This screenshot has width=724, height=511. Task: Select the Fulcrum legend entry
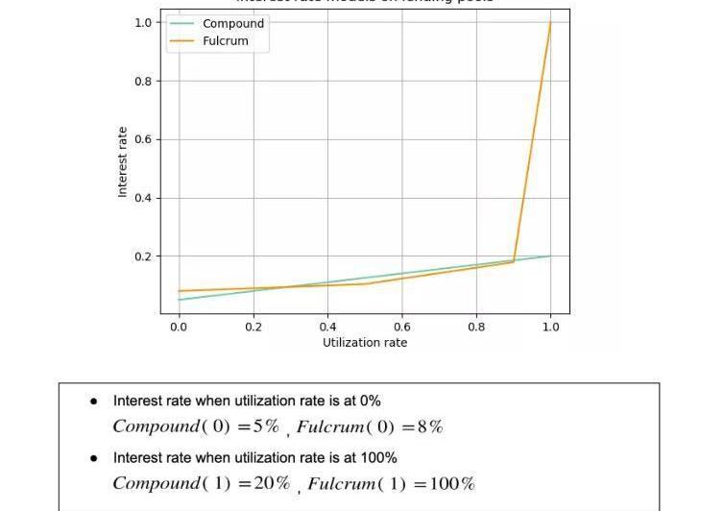(225, 41)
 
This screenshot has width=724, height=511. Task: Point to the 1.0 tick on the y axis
(143, 22)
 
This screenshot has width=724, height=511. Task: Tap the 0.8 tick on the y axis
(143, 82)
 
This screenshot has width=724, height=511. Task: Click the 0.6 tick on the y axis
(143, 140)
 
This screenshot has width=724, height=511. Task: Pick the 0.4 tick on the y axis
(143, 199)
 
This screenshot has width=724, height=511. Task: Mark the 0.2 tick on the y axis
(143, 257)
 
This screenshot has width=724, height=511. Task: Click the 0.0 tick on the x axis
(179, 328)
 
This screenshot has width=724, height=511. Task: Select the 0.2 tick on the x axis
(253, 328)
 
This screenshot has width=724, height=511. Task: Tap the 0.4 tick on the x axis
(327, 328)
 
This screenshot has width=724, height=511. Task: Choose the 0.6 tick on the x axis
(401, 328)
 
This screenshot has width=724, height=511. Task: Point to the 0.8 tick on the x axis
(476, 328)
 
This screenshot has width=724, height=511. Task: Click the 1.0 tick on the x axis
(550, 328)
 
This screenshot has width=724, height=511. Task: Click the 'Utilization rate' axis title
(365, 343)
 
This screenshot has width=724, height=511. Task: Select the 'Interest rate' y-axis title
(123, 162)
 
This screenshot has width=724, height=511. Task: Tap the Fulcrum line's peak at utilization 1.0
(550, 22)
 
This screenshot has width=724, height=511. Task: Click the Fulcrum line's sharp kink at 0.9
(514, 260)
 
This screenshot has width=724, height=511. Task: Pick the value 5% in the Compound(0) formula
(266, 426)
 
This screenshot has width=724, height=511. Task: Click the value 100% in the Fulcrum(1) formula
(452, 483)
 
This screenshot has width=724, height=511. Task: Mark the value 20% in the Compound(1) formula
(272, 483)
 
